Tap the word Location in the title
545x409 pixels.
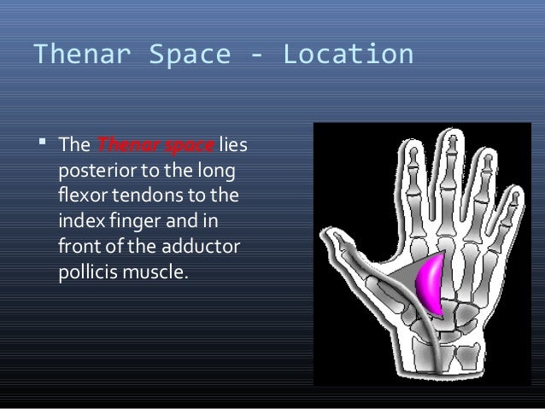(x=348, y=55)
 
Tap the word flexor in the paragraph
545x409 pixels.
(x=79, y=196)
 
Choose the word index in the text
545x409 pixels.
(x=78, y=224)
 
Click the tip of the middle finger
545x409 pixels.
(x=448, y=136)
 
